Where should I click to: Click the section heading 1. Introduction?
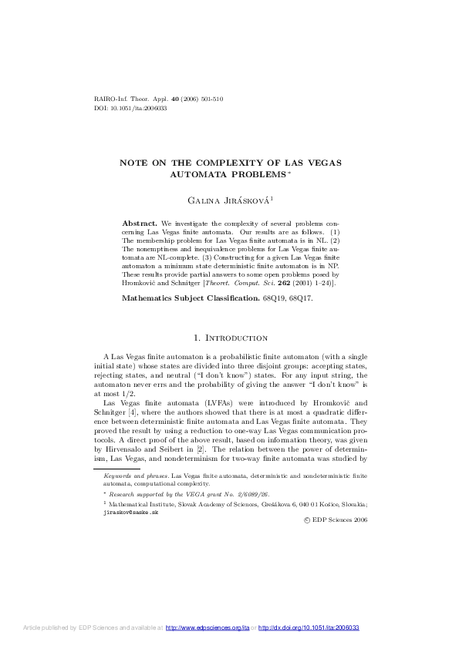point(230,337)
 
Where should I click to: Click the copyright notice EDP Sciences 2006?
point(336,520)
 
